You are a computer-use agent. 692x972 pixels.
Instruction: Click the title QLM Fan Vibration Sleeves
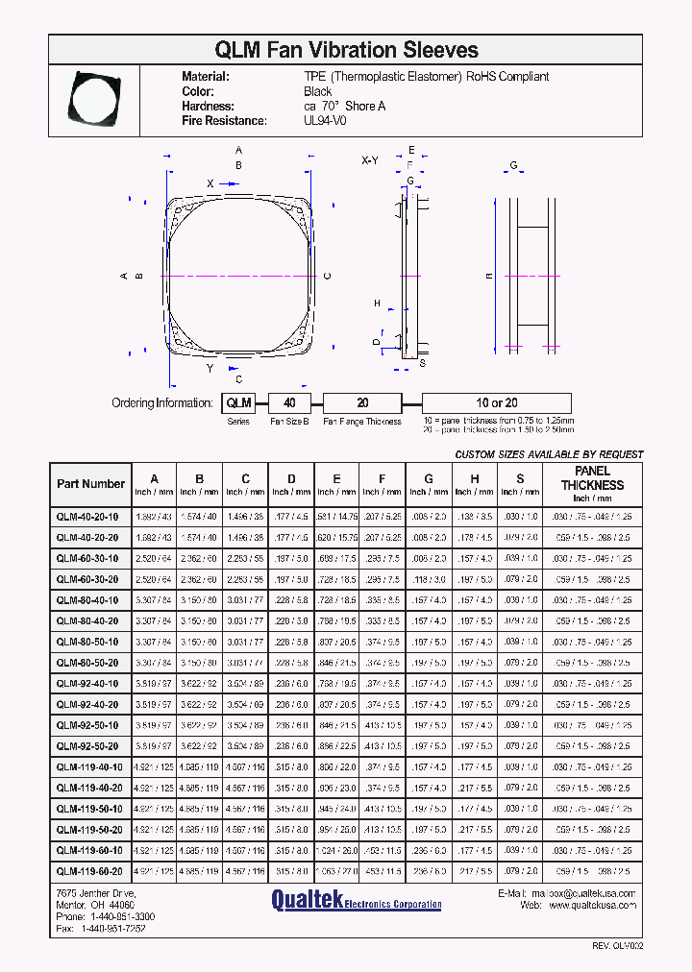pos(347,49)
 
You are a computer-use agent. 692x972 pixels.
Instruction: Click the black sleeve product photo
pos(94,97)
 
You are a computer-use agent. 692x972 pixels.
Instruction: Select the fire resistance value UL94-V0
pos(326,121)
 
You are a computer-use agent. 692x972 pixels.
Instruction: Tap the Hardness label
pos(208,107)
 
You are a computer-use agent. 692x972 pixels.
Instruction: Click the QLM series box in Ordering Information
pos(238,403)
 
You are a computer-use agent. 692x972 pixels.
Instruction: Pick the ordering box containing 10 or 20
pos(497,403)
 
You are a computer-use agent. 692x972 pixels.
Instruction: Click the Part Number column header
pos(90,484)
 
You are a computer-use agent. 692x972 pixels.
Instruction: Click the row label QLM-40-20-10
pos(87,516)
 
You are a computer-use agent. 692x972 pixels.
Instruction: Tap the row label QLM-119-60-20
pos(89,872)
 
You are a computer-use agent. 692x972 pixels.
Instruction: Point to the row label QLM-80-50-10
pos(88,642)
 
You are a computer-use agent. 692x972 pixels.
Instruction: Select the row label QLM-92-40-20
pos(88,705)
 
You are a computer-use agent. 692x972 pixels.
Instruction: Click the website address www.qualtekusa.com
pos(591,905)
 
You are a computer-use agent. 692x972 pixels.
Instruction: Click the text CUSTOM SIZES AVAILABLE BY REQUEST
pos(549,454)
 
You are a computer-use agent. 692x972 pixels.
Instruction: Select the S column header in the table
pos(520,478)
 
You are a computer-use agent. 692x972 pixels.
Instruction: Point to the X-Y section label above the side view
pos(370,160)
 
